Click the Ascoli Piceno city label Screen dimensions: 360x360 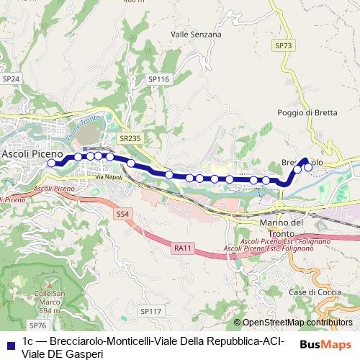[32, 153]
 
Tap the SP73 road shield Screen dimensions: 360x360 [284, 45]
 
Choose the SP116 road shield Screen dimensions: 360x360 [158, 79]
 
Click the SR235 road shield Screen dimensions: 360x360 [130, 138]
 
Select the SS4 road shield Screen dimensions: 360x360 [123, 214]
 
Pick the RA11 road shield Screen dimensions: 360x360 [183, 248]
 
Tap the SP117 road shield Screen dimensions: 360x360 [150, 311]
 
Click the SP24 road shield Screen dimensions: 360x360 [11, 79]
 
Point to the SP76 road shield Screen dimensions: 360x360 [37, 325]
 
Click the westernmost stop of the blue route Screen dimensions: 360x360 [51, 163]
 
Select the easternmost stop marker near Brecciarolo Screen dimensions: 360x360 [309, 168]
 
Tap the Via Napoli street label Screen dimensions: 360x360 [107, 176]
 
